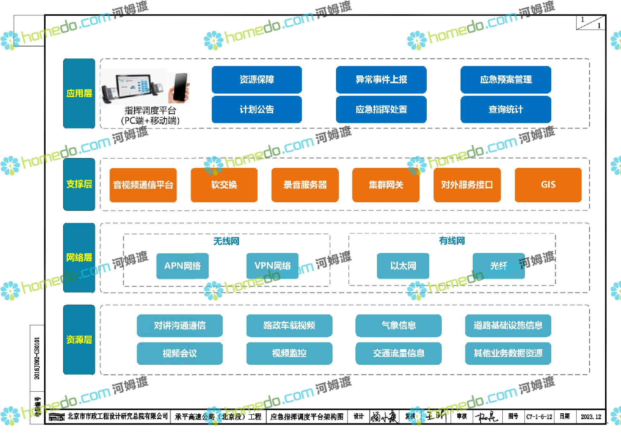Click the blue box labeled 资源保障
click(257, 79)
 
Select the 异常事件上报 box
click(381, 79)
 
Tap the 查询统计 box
click(506, 110)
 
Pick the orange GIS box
click(548, 185)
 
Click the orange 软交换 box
click(224, 185)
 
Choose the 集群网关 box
click(386, 185)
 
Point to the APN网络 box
click(182, 266)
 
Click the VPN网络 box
click(272, 266)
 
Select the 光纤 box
click(498, 266)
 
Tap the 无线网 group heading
click(226, 241)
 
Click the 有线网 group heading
click(452, 241)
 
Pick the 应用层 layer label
click(79, 93)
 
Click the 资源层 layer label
click(79, 339)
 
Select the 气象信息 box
click(399, 325)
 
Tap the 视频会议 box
click(180, 353)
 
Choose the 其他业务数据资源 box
click(508, 353)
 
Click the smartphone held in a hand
click(179, 88)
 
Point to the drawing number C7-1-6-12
click(539, 417)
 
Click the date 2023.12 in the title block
click(591, 417)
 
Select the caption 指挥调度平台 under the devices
click(150, 110)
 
